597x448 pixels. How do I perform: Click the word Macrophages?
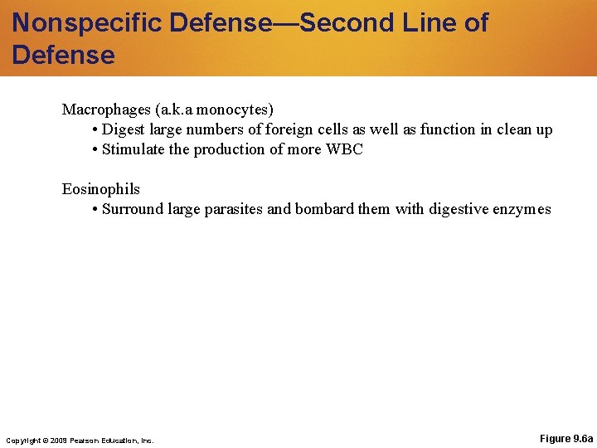pos(106,110)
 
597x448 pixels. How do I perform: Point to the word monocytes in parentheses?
pos(235,110)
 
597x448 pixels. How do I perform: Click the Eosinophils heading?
pos(101,189)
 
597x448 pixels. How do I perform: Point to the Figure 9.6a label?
pos(565,438)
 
